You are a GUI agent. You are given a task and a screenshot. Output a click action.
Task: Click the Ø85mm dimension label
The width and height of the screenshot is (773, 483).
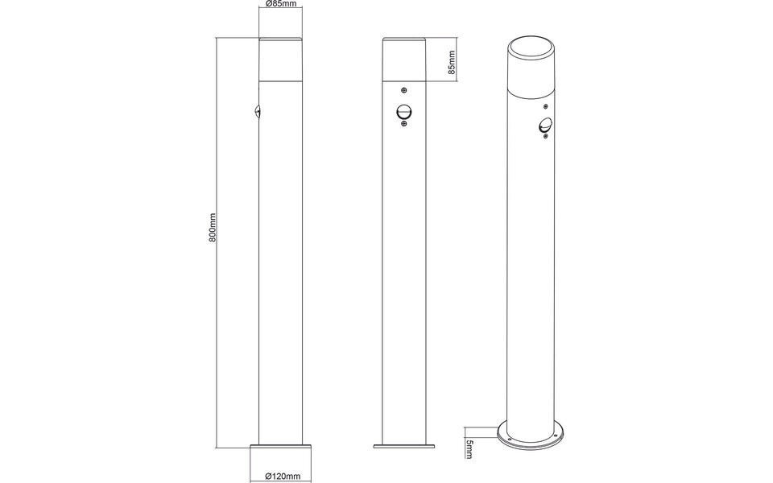[280, 5]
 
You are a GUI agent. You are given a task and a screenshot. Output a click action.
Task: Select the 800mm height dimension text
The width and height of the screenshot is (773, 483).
[213, 228]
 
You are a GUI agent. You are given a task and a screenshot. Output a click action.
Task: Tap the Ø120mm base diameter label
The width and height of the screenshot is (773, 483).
[280, 477]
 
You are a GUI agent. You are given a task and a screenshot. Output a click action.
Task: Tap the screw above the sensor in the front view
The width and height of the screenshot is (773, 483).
[403, 89]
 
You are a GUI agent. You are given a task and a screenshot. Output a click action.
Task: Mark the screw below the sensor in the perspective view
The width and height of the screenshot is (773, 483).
[545, 136]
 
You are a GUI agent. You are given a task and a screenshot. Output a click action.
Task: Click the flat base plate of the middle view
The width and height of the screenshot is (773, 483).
[403, 444]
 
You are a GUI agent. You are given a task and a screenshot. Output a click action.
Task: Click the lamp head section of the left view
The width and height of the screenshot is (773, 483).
[280, 60]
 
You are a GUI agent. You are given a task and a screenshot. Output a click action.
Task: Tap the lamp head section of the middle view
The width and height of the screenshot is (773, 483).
[403, 60]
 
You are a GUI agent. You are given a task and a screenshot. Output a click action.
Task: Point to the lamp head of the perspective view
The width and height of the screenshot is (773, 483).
[529, 72]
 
